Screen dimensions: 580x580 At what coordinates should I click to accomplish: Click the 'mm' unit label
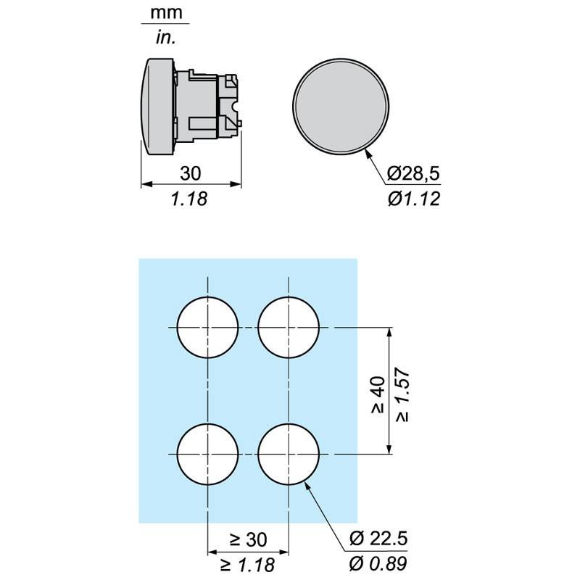(x=166, y=13)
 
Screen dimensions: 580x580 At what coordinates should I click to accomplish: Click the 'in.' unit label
(x=166, y=38)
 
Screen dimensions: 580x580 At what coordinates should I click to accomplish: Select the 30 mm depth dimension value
(x=191, y=173)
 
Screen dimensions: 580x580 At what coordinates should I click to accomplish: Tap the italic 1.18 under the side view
(x=189, y=199)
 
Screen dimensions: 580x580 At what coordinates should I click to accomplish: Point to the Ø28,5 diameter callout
(x=413, y=173)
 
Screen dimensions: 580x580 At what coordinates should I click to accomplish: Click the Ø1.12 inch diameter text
(x=414, y=199)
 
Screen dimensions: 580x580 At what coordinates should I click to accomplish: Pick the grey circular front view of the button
(x=341, y=106)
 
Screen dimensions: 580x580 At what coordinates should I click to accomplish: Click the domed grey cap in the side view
(x=157, y=106)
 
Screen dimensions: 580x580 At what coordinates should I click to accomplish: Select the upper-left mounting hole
(x=207, y=328)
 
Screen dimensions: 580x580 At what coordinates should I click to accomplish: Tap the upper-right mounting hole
(x=289, y=328)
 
